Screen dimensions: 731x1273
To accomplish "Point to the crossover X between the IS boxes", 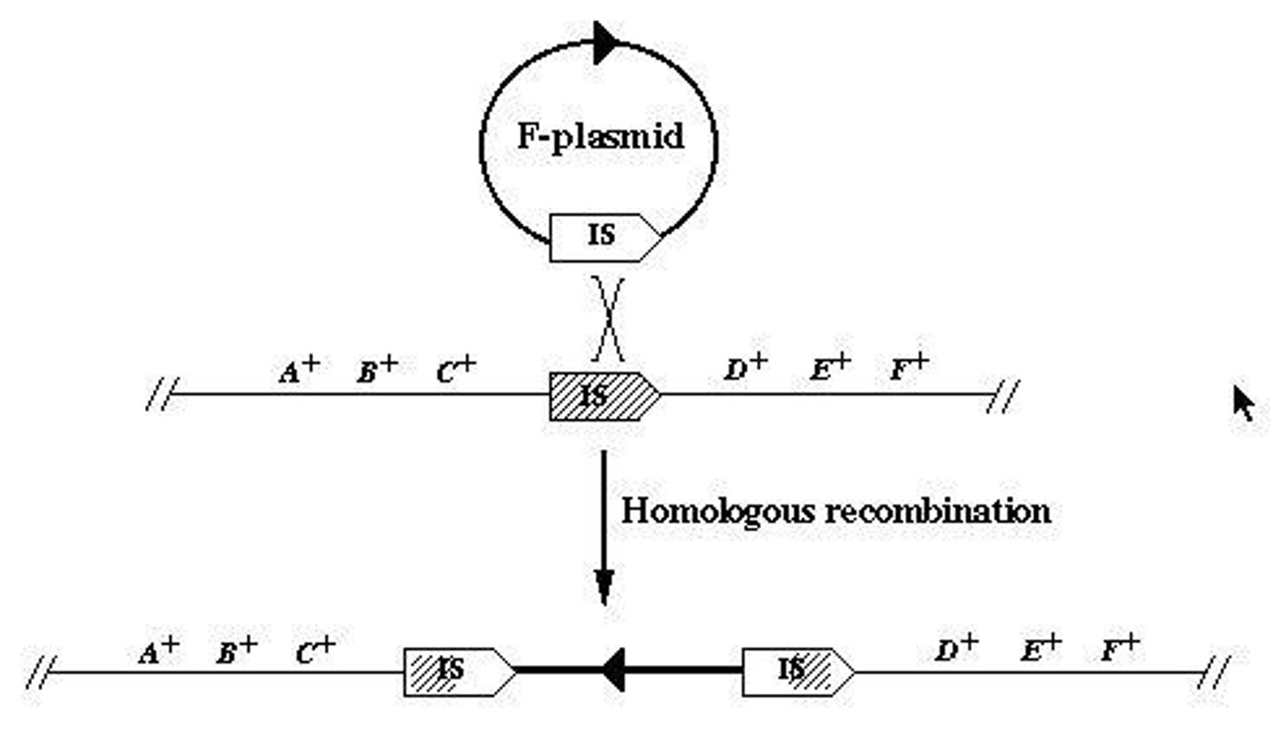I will click(x=607, y=318).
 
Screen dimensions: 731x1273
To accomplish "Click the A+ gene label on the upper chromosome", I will click(x=298, y=370).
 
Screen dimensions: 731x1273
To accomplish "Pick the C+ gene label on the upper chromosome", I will click(x=455, y=370).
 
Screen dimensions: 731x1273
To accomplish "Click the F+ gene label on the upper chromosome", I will click(x=909, y=368).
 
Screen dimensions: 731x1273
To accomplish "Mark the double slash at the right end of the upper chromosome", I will click(x=1002, y=395).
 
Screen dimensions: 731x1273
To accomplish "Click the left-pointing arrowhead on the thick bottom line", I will click(x=614, y=670).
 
